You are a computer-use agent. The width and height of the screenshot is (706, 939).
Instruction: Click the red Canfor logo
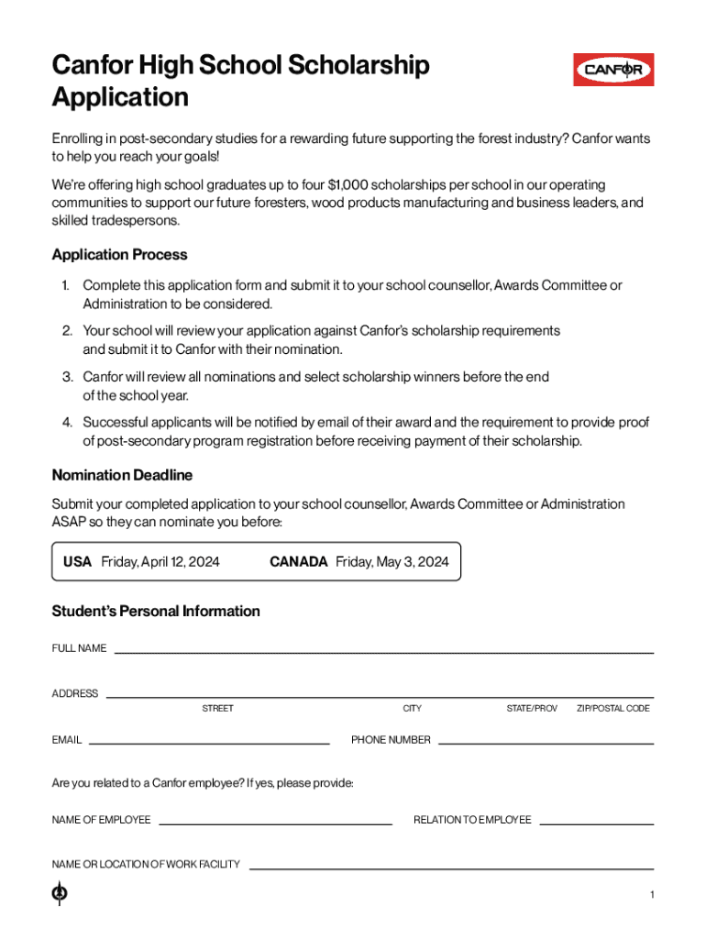[x=613, y=70]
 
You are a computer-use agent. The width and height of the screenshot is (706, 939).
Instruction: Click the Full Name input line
[x=383, y=651]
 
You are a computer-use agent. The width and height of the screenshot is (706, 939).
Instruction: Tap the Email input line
[x=209, y=742]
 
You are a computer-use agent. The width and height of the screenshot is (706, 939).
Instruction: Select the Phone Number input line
[x=546, y=742]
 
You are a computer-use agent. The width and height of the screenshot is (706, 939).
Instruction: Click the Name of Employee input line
[x=275, y=823]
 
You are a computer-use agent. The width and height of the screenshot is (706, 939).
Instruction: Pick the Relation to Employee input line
[x=596, y=823]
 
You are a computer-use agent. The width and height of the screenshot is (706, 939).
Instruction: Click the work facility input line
[x=451, y=867]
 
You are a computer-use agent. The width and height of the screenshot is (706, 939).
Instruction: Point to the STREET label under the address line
[x=217, y=709]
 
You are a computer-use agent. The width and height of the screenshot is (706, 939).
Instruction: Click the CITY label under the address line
[x=412, y=709]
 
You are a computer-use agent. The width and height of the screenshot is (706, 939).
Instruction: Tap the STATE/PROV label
[x=532, y=709]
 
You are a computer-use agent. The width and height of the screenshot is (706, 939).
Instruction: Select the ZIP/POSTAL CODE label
[x=613, y=709]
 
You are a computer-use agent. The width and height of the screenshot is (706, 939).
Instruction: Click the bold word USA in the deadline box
[x=77, y=562]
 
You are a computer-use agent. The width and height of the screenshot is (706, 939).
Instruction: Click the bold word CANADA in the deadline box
[x=298, y=562]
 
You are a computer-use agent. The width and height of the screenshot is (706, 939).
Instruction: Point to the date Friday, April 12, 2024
[x=160, y=562]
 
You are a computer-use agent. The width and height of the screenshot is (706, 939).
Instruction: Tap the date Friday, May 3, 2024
[x=392, y=562]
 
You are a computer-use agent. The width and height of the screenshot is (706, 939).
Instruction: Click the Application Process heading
[x=119, y=255]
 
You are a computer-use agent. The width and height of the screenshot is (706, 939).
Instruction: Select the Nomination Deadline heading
[x=122, y=475]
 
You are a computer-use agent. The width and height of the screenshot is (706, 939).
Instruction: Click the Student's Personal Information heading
[x=156, y=611]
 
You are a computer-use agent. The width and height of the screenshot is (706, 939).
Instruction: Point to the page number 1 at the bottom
[x=651, y=895]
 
